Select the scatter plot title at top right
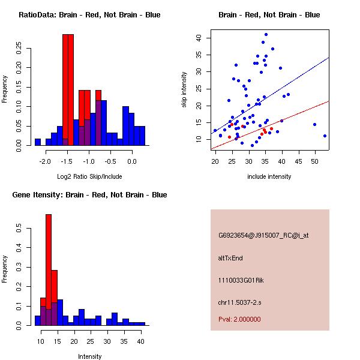(x=269, y=15)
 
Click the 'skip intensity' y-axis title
(x=184, y=90)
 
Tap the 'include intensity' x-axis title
(x=269, y=176)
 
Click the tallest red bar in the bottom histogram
(x=49, y=270)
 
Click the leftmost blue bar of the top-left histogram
(x=38, y=142)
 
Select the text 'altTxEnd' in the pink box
(x=230, y=258)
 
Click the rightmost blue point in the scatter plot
(x=325, y=136)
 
